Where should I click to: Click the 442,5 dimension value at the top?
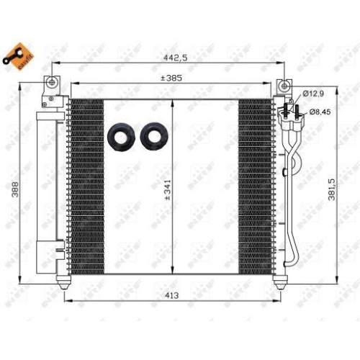click(x=170, y=58)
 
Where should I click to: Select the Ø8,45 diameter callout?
click(x=320, y=112)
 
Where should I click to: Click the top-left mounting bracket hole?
click(x=51, y=84)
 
